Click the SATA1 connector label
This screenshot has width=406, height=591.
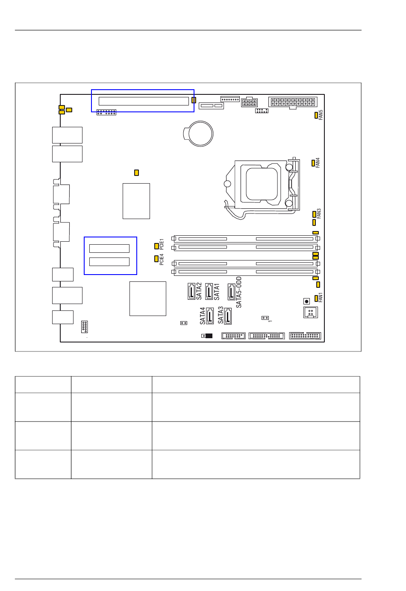coord(217,292)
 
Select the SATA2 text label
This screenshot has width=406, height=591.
coord(199,291)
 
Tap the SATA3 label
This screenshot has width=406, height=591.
coord(221,315)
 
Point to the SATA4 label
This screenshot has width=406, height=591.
coord(203,316)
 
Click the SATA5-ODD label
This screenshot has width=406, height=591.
coord(238,292)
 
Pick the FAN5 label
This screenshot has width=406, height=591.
coord(321,115)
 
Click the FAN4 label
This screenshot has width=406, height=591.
coord(318,163)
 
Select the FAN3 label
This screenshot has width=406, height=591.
coord(319,214)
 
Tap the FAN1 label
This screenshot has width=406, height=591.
coord(321,297)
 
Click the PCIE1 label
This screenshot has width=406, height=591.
coord(162,244)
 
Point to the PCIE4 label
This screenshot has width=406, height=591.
coord(162,259)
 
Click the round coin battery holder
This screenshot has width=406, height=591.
coord(198,134)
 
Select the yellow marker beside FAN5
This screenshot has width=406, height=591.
coord(316,115)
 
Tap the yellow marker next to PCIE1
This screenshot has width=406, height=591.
coord(156,246)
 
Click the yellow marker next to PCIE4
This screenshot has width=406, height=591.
coord(156,259)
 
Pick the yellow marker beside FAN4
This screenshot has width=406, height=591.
coord(313,163)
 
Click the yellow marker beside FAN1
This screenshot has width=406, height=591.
coord(316,298)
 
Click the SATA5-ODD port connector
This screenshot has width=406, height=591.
coord(232,292)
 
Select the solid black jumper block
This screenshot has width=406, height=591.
coord(209,336)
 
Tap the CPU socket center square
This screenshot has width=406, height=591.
coord(262,184)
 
